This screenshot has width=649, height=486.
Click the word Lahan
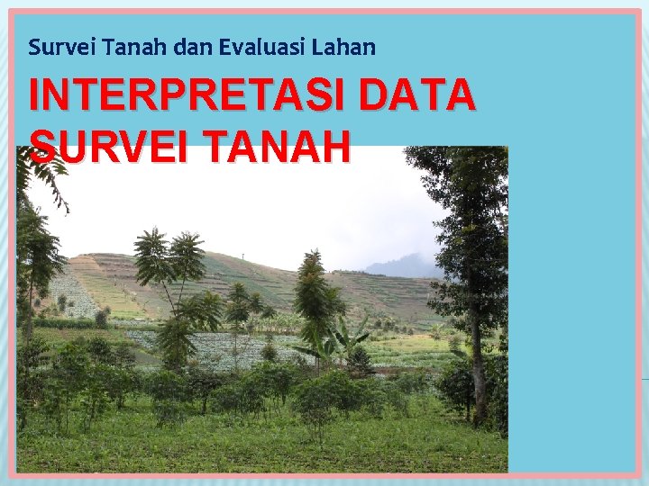point(346,47)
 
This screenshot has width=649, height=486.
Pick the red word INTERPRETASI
point(188,96)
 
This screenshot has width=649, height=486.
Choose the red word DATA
point(416,96)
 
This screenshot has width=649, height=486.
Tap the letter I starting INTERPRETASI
point(34,96)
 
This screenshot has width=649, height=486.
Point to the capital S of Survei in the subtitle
point(34,47)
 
